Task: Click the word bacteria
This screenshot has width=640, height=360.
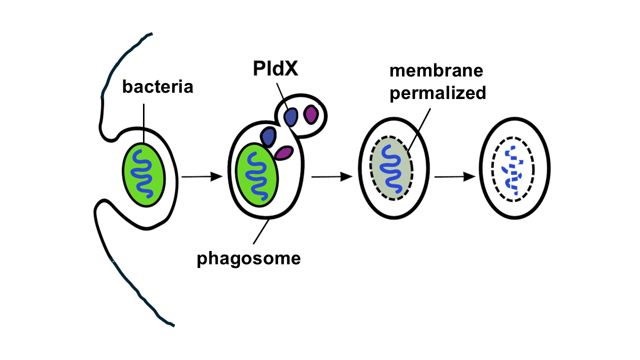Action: (x=157, y=87)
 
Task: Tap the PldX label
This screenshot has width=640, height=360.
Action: (x=275, y=69)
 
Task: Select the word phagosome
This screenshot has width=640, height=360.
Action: (x=248, y=258)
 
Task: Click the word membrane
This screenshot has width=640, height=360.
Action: (x=436, y=70)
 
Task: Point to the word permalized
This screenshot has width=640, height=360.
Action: (x=438, y=93)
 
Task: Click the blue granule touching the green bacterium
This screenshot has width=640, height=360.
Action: (x=268, y=136)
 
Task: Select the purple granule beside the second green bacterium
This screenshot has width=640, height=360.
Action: (x=283, y=153)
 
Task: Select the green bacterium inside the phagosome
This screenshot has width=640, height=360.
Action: (x=257, y=174)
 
